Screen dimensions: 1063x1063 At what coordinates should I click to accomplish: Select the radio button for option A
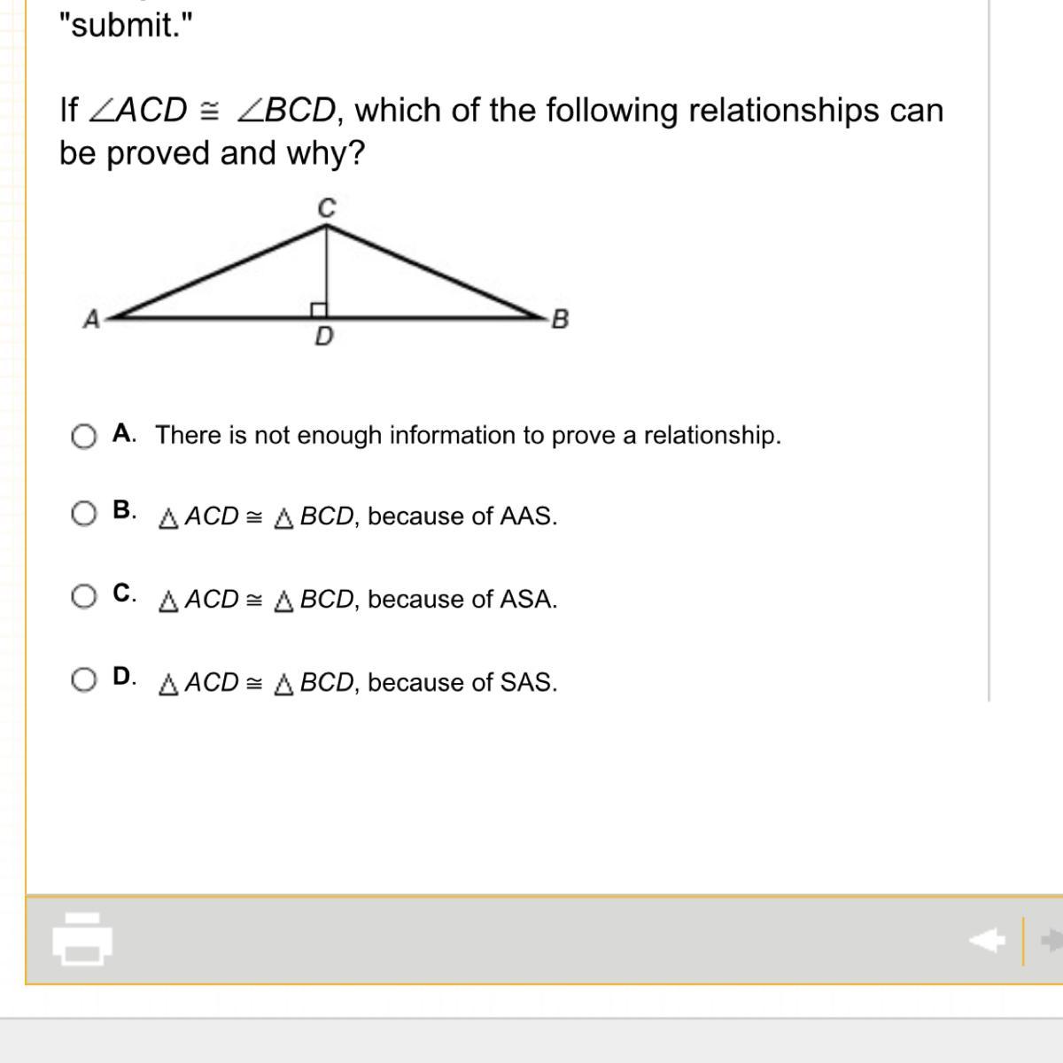pos(83,437)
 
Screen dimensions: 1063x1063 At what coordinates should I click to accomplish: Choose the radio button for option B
pos(83,514)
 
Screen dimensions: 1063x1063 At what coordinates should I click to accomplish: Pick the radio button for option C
pos(83,596)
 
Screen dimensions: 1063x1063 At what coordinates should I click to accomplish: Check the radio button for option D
pos(83,679)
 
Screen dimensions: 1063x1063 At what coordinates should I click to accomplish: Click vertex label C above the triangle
pos(327,208)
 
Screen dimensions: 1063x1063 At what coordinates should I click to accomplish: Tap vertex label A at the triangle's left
pos(91,319)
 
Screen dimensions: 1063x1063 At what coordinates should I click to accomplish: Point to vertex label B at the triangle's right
pos(560,319)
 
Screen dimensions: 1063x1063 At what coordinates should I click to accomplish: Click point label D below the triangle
pos(324,338)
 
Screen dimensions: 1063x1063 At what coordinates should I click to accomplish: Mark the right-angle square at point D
pos(319,309)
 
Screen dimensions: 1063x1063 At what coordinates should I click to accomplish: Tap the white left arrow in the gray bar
pos(988,939)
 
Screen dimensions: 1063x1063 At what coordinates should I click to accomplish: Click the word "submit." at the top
pos(124,26)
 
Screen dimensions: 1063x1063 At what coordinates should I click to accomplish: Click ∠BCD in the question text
pos(287,111)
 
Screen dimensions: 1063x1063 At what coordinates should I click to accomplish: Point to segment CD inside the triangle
pos(327,266)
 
